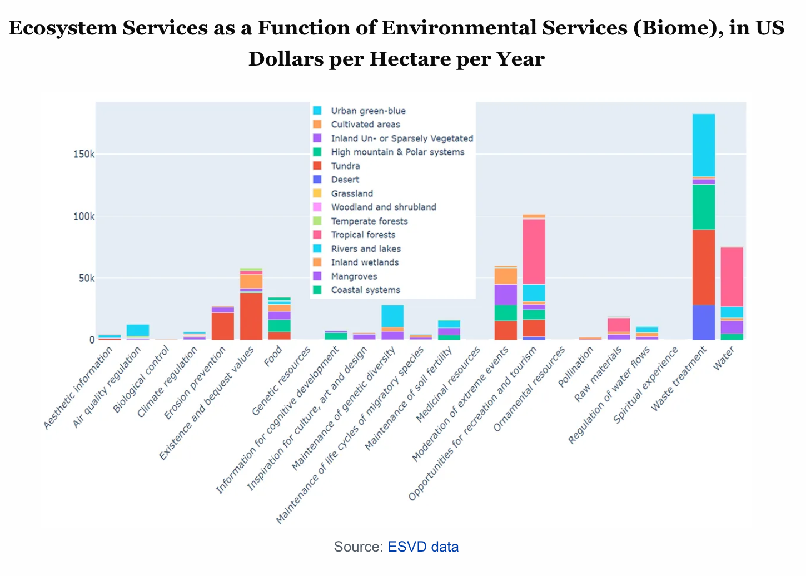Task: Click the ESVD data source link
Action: pyautogui.click(x=423, y=547)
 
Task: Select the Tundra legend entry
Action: pyautogui.click(x=345, y=166)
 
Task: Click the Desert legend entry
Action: pyautogui.click(x=345, y=180)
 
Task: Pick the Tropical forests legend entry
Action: pyautogui.click(x=363, y=235)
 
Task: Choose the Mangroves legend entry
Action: pyautogui.click(x=354, y=276)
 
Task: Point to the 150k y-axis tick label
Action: pyautogui.click(x=84, y=154)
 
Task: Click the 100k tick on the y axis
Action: pyautogui.click(x=84, y=216)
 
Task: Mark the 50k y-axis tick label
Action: pyautogui.click(x=86, y=278)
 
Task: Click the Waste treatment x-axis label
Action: pyautogui.click(x=679, y=378)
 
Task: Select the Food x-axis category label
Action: pyautogui.click(x=273, y=356)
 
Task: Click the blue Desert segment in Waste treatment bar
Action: pyautogui.click(x=704, y=322)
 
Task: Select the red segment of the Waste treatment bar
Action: pyautogui.click(x=704, y=267)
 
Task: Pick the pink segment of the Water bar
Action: pyautogui.click(x=732, y=277)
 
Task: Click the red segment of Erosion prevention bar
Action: pyautogui.click(x=223, y=326)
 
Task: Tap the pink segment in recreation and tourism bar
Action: pyautogui.click(x=534, y=251)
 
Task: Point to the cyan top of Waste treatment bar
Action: pyautogui.click(x=704, y=145)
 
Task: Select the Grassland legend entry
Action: pyautogui.click(x=352, y=193)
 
